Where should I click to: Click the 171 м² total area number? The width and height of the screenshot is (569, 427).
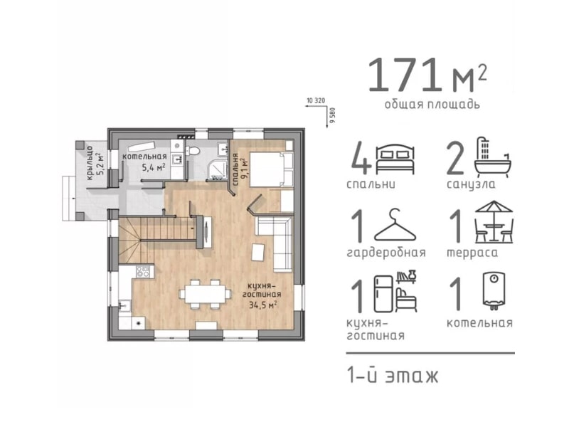(427, 75)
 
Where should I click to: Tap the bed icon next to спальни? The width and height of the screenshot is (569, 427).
(395, 159)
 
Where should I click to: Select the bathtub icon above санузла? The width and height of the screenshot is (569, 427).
(493, 157)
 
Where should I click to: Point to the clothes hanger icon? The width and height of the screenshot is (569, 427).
(395, 225)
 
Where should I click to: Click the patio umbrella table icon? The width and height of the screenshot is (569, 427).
(494, 221)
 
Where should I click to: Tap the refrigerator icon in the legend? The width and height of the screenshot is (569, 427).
(383, 294)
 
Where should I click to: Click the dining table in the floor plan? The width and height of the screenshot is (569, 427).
(205, 294)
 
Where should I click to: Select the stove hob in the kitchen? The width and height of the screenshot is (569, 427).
(143, 271)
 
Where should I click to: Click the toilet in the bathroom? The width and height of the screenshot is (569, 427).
(193, 151)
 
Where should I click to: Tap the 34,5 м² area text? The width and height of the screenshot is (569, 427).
(262, 305)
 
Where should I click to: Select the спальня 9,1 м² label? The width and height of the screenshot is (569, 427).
(240, 169)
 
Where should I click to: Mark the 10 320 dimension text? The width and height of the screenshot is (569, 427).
(316, 100)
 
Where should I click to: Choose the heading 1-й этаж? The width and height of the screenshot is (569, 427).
(393, 376)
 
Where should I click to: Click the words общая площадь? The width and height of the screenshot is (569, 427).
(432, 105)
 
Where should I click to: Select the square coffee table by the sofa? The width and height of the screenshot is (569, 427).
(258, 252)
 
